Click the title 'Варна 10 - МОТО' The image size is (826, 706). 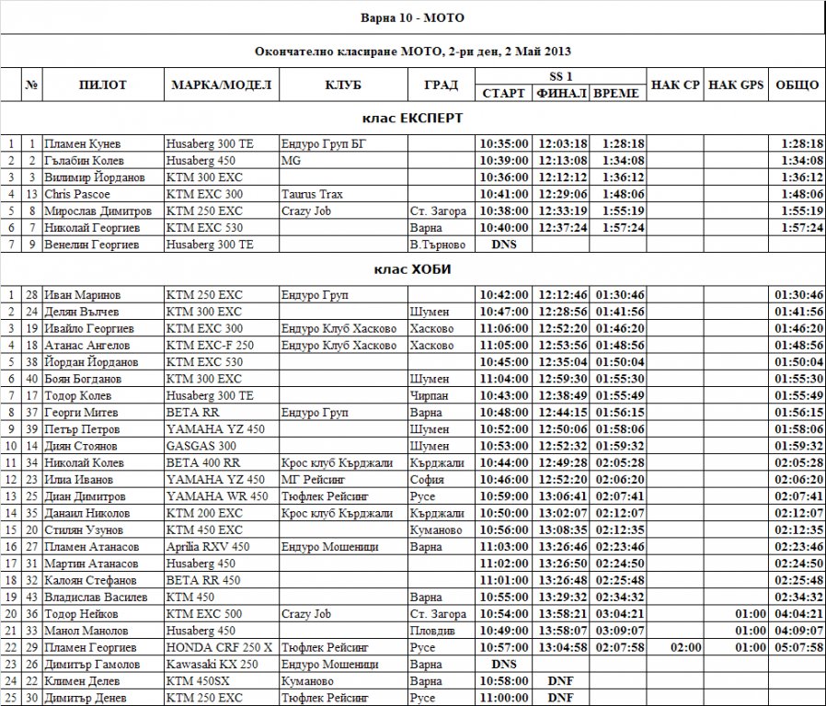(412, 17)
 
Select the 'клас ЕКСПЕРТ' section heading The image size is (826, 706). (412, 119)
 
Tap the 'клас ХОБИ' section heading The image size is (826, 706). (412, 269)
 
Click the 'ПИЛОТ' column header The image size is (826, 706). (103, 85)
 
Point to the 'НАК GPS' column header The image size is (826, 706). (737, 85)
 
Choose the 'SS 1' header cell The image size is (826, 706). (561, 74)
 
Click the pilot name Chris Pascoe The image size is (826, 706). (77, 194)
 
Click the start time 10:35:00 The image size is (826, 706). (504, 143)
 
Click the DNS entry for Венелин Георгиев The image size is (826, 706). (504, 245)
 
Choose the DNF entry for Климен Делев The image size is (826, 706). (561, 680)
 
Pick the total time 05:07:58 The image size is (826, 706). (797, 647)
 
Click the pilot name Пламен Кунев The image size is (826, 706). (83, 143)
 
